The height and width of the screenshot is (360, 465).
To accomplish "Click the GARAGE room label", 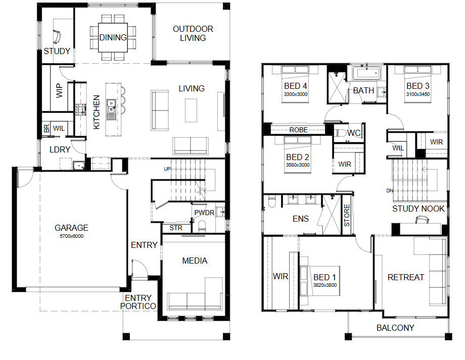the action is (x=71, y=228).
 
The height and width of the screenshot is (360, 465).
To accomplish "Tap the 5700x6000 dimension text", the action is (x=71, y=236).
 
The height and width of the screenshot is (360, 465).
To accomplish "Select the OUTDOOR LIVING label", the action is (x=193, y=33).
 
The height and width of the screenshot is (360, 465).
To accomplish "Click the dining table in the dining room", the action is (x=113, y=38).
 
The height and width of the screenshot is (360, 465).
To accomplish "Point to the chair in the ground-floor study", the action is (x=57, y=36).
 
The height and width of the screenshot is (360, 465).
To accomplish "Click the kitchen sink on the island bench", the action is (x=111, y=110).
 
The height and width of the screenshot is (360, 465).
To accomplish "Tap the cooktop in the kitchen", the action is (x=80, y=110).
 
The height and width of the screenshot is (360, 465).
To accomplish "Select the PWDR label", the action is (x=204, y=213).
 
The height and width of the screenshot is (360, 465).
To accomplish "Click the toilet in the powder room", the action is (x=202, y=226).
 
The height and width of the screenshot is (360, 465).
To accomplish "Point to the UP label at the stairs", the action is (x=167, y=169).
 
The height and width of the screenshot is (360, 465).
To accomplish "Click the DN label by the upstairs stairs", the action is (x=390, y=190).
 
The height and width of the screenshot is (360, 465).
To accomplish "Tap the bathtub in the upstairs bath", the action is (x=367, y=73).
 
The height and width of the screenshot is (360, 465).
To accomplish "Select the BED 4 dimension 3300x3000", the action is (x=296, y=94).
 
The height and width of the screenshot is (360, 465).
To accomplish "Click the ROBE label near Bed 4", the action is (x=298, y=130).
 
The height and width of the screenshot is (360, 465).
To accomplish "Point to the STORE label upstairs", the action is (x=347, y=216).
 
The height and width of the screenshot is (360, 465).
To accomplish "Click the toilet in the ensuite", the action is (x=272, y=201).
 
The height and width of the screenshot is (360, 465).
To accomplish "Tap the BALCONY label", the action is (x=395, y=328).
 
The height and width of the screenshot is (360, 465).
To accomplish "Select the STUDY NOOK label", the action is (x=418, y=209).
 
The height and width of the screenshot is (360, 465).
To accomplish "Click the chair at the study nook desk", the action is (x=423, y=219).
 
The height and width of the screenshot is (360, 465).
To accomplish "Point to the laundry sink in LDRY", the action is (x=78, y=166).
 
